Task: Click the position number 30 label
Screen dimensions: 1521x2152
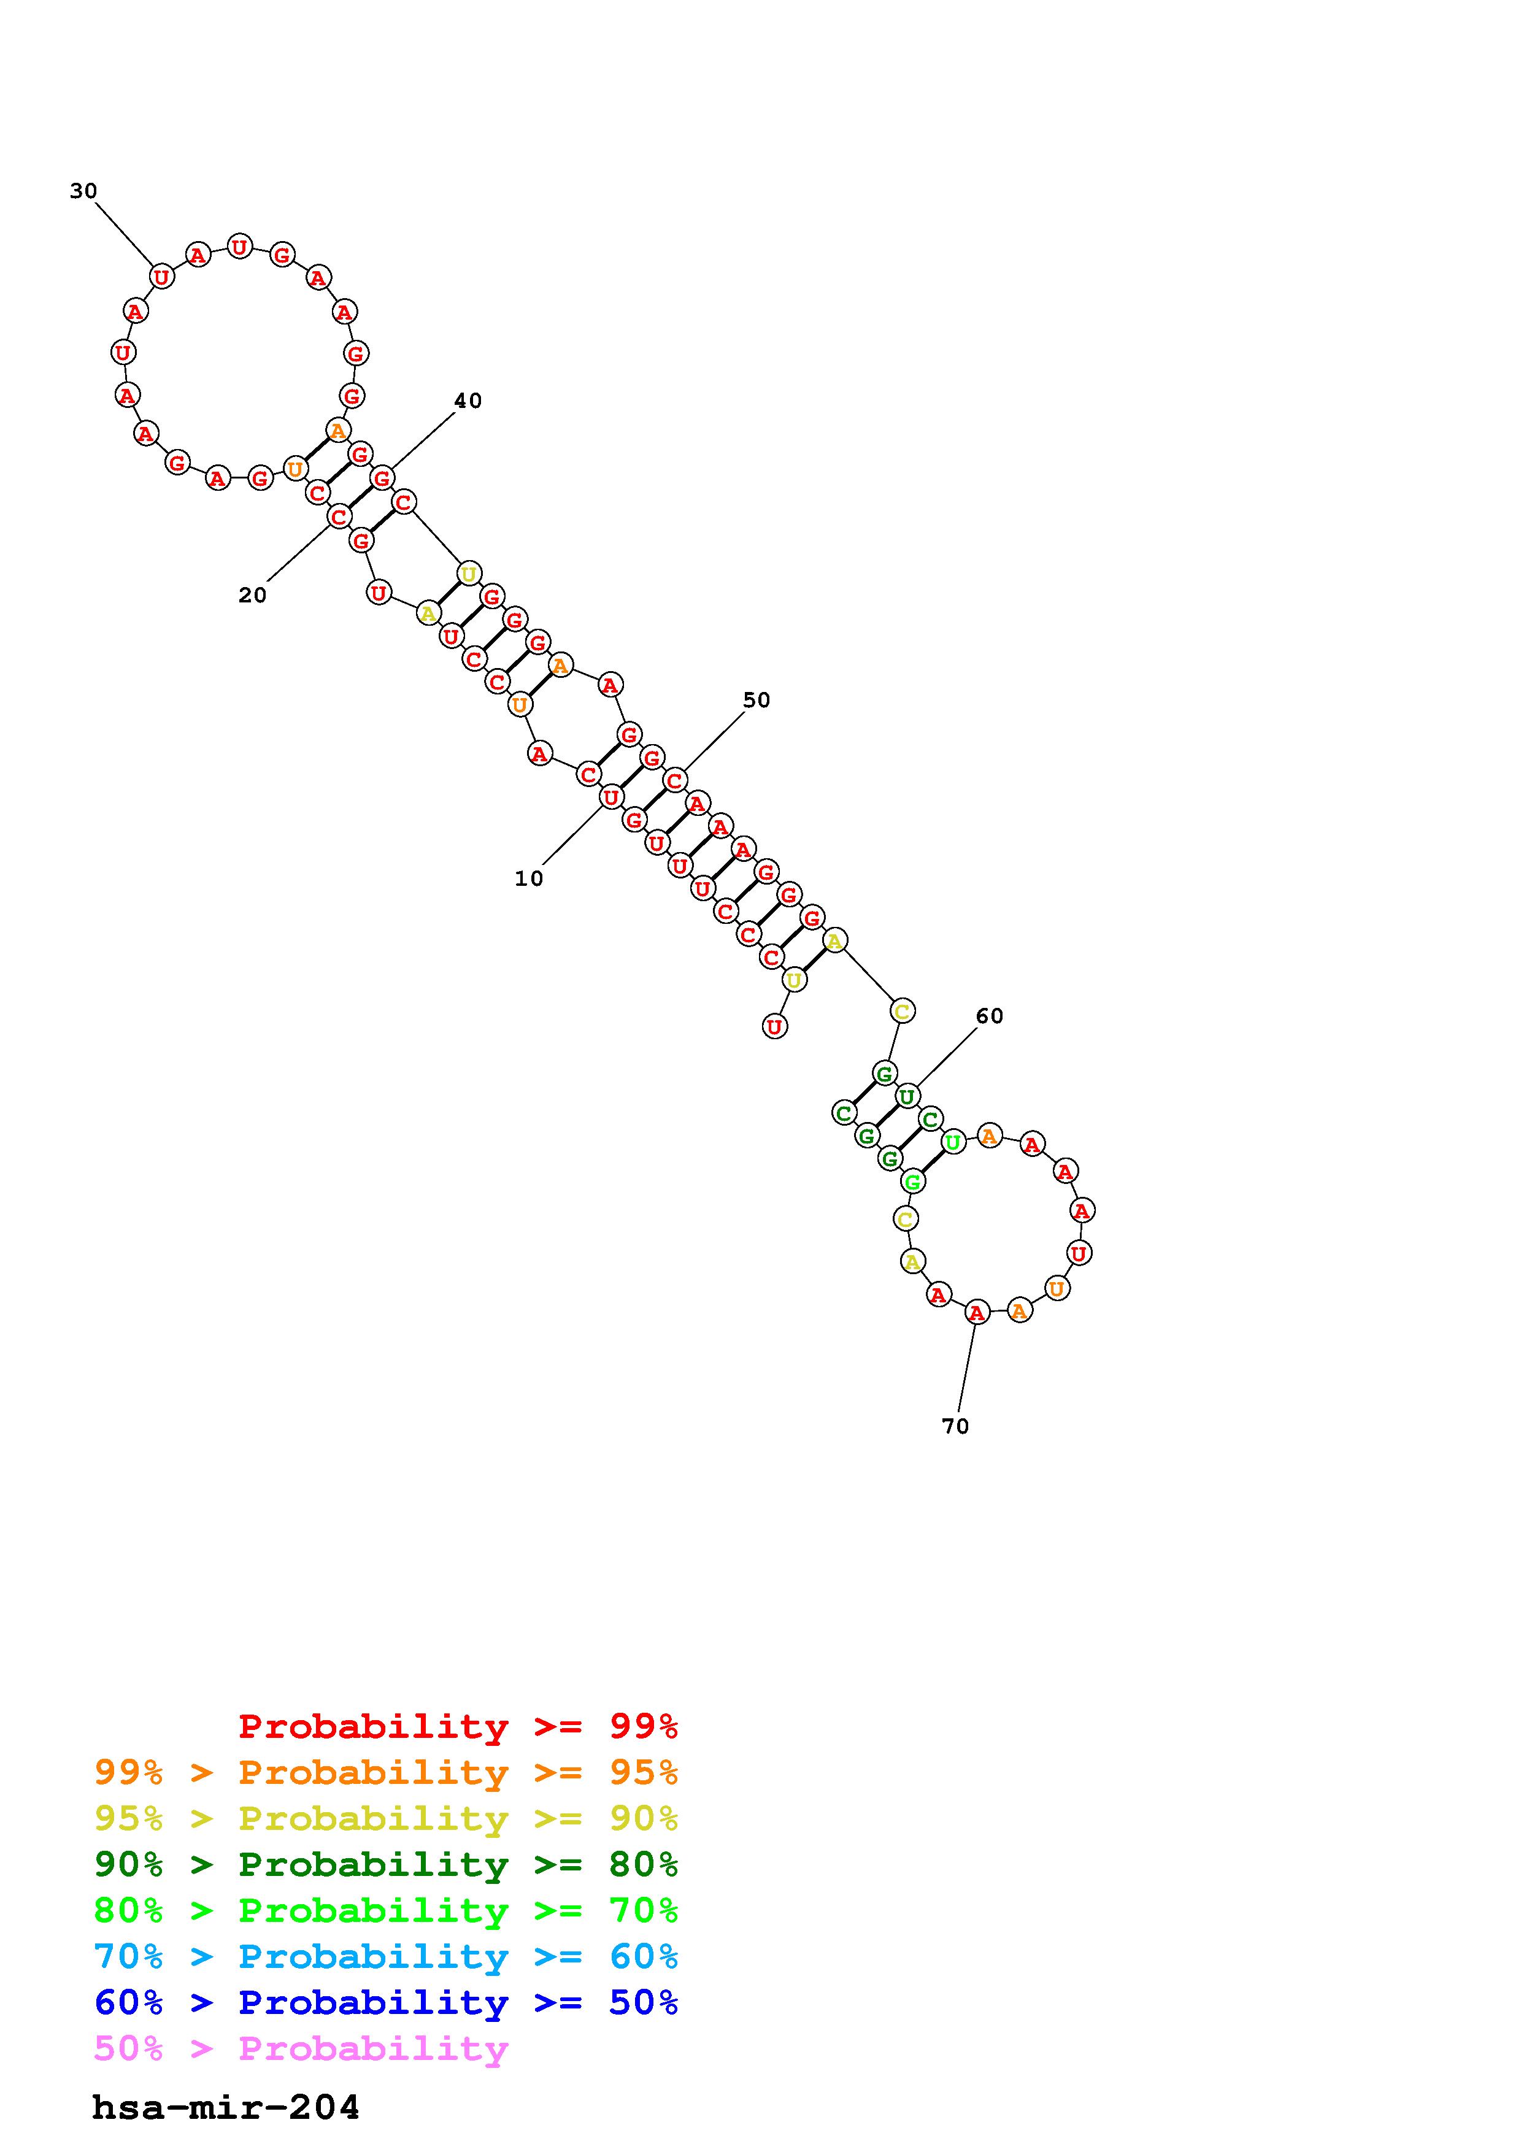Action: [83, 191]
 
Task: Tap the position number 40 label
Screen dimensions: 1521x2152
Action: [468, 401]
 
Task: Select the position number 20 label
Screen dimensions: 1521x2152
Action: [252, 595]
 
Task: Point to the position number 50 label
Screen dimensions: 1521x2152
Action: [757, 700]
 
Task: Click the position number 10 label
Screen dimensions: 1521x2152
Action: [528, 878]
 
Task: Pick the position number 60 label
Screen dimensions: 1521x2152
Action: [990, 1016]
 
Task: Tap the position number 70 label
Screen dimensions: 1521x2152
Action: [955, 1426]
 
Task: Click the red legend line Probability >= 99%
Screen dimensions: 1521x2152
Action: [458, 1726]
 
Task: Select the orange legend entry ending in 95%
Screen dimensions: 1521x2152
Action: [386, 1772]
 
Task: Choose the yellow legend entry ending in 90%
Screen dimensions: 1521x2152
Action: [386, 1818]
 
